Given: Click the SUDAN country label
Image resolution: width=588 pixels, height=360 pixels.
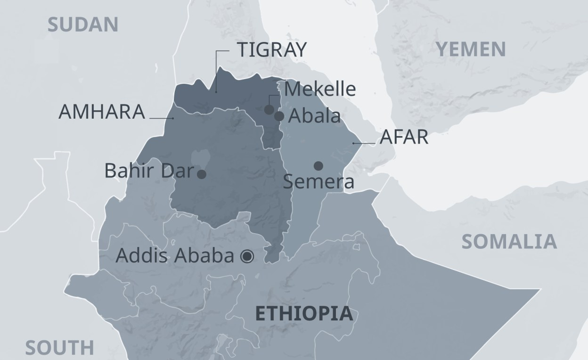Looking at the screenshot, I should pos(83,25).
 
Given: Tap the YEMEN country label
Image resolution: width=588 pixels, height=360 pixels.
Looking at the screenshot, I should pos(471,49).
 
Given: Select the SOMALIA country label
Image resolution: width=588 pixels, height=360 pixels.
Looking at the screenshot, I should pos(509,241).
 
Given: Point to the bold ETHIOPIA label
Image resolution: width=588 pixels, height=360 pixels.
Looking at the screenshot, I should pos(304,314).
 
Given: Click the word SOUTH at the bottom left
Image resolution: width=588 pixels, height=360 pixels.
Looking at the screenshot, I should pos(59,348).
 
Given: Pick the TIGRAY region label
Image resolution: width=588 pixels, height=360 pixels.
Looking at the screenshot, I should pos(271,49).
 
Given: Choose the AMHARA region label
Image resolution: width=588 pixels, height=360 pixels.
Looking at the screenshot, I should pos(101,112).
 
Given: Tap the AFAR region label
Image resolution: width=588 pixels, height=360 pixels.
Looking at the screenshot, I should pos(404,138).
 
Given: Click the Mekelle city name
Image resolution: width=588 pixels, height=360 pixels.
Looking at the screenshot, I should pos(320,89).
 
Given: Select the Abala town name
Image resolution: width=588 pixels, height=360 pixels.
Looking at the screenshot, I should pos(314,116).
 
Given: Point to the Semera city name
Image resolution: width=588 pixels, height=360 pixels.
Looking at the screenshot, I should pos(318,182).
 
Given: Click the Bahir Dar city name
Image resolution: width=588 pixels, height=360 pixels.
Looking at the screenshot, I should pos(149,171).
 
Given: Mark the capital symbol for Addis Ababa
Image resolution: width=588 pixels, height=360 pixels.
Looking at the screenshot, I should pos(247,256).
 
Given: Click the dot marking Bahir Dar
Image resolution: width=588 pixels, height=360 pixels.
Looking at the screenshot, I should pos(202,174).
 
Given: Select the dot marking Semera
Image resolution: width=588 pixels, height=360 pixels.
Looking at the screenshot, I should pos(318,165).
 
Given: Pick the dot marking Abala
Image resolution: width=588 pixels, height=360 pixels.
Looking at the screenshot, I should pos(279,116).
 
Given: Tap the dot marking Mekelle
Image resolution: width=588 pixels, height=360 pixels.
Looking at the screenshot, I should pos(269,110).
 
